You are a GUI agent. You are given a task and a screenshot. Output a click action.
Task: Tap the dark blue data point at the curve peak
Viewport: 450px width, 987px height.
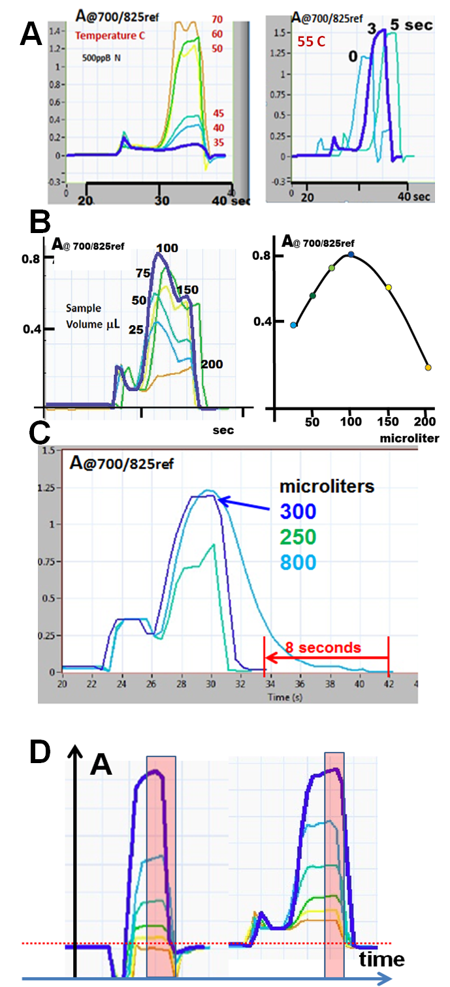(x=351, y=254)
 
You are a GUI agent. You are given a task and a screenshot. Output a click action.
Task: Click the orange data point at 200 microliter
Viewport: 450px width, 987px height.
(x=428, y=368)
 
